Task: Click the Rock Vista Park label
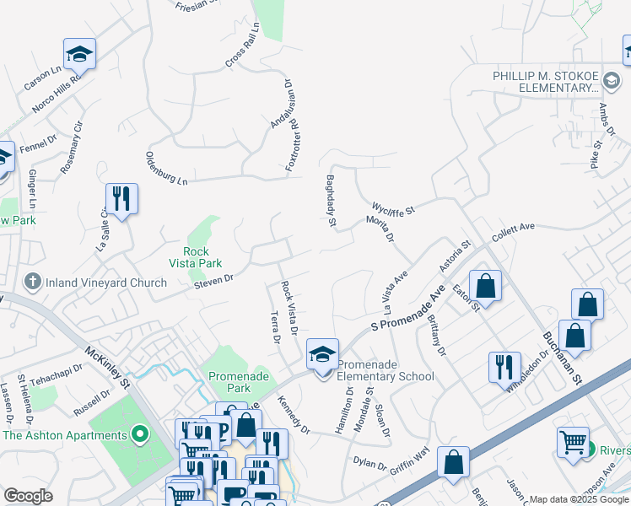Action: [x=202, y=257]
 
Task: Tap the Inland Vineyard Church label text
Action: [x=106, y=283]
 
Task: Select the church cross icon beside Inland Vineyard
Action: [x=32, y=282]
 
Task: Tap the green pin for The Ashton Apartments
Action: [x=140, y=435]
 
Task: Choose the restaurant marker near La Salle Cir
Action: [x=121, y=199]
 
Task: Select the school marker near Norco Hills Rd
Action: [x=80, y=55]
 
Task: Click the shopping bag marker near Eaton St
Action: [x=486, y=286]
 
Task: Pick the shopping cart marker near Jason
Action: [x=573, y=441]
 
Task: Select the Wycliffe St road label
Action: [x=394, y=207]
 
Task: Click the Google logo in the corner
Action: [x=28, y=497]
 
